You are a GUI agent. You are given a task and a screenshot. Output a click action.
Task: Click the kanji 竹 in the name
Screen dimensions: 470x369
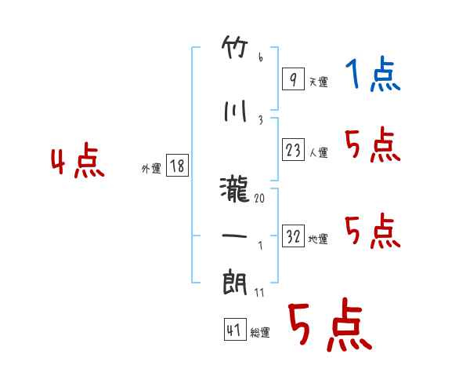pos(235,47)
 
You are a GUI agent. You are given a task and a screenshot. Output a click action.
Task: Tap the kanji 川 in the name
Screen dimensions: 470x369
pos(235,111)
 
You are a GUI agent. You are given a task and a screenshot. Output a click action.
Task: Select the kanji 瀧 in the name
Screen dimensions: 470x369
pos(234,189)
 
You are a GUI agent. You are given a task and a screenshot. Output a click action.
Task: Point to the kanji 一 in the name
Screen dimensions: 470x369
pos(234,236)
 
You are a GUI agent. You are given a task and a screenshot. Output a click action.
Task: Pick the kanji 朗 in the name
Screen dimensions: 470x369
pos(235,283)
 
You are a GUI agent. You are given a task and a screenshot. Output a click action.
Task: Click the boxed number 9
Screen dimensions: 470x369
pos(293,79)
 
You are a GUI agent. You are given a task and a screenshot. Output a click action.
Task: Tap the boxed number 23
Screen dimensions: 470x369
pos(293,149)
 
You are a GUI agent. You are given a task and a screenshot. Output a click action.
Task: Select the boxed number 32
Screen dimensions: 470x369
pos(293,236)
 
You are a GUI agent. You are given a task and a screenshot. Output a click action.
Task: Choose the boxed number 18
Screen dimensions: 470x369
pos(177,165)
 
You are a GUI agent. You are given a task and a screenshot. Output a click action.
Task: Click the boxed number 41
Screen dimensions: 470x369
pos(235,329)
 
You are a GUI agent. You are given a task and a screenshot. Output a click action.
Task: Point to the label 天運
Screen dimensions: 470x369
pos(319,82)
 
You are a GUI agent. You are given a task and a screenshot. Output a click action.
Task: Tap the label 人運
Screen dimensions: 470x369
pos(319,152)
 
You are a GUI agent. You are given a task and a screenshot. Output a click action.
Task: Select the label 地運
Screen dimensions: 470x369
pos(318,239)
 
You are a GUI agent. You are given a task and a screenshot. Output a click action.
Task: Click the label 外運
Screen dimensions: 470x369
pos(151,169)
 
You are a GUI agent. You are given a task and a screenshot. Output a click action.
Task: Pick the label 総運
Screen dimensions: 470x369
pos(260,333)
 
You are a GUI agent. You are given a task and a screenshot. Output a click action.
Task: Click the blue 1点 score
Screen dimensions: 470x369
pos(373,73)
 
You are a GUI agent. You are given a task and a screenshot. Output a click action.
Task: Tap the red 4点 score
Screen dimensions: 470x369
pos(78,160)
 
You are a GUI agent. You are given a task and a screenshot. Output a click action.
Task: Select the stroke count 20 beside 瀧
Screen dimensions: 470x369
pos(259,199)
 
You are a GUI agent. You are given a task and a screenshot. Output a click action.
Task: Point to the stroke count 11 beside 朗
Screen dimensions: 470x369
pos(259,293)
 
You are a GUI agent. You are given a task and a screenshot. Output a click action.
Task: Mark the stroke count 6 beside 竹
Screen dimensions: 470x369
pos(261,57)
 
